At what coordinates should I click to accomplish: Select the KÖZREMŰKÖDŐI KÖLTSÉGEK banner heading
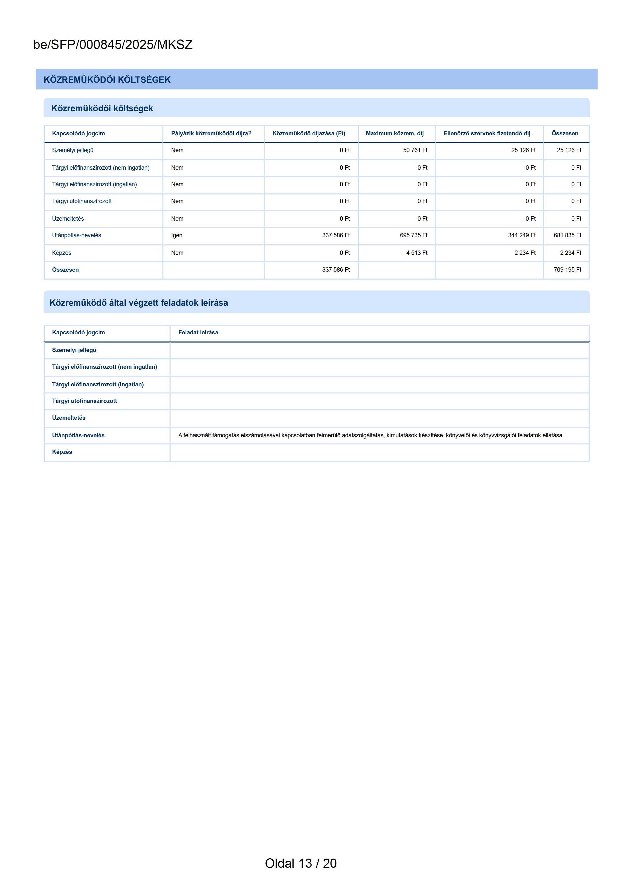[107, 80]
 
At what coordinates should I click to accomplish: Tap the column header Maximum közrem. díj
[394, 134]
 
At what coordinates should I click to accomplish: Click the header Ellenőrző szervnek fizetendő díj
[487, 134]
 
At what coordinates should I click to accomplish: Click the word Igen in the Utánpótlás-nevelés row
[177, 235]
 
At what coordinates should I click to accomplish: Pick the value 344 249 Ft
[522, 235]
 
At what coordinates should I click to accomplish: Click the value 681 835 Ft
[567, 235]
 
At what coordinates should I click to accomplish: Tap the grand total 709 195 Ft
[567, 270]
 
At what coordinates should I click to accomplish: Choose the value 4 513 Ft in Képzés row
[417, 253]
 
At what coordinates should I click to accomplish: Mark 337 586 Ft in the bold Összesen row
[336, 270]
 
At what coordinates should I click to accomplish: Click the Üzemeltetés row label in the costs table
[68, 219]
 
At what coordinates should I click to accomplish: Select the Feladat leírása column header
[198, 333]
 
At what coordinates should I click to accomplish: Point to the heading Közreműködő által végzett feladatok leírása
[139, 303]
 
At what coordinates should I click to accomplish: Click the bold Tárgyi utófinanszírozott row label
[84, 401]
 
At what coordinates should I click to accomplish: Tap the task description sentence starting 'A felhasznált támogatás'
[371, 435]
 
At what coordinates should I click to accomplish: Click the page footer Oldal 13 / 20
[301, 863]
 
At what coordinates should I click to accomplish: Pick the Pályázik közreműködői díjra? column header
[211, 134]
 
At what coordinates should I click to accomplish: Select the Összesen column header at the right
[565, 134]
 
